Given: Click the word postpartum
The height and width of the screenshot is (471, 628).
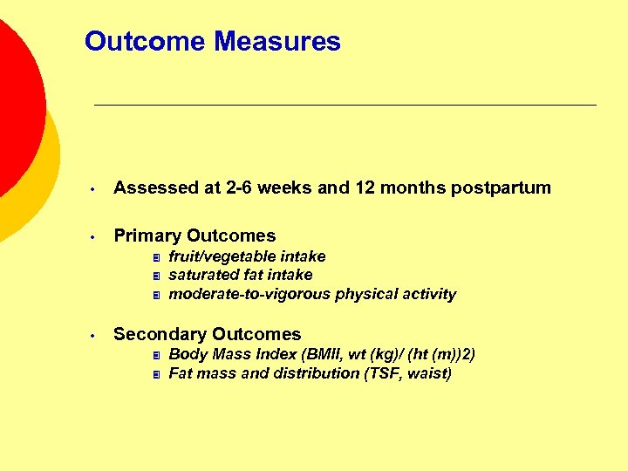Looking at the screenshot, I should (501, 188).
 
